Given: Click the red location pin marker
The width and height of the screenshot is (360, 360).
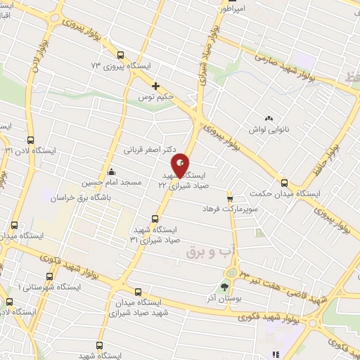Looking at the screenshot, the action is [x=181, y=165].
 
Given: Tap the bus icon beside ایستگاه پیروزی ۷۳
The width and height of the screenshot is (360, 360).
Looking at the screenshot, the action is [x=121, y=54].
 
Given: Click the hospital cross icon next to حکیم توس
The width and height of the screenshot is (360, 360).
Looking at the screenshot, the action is [x=155, y=86].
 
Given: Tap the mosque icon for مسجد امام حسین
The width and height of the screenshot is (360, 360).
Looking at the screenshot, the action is [x=110, y=171].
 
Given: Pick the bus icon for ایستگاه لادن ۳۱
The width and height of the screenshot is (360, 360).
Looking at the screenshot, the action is [x=30, y=140].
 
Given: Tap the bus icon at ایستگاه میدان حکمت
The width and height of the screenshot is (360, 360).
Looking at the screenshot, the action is [x=283, y=181].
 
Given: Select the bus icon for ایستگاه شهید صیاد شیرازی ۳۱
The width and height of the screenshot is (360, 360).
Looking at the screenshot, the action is [x=155, y=218].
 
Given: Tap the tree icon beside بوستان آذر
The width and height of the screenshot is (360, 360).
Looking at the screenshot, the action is [x=224, y=287].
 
